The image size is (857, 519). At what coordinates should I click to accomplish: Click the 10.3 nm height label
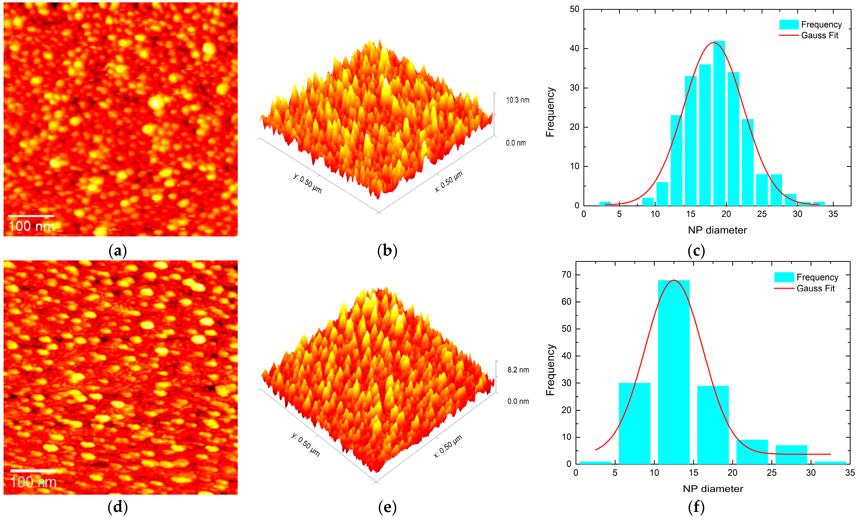click(x=517, y=100)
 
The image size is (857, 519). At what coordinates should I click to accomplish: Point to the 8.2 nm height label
click(x=518, y=370)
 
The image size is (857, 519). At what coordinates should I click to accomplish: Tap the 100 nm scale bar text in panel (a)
click(x=31, y=226)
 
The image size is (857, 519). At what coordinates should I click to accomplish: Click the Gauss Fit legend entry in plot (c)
click(x=819, y=35)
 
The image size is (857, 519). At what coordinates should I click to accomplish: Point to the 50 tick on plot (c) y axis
click(x=574, y=9)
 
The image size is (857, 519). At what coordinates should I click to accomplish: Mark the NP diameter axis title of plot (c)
click(x=717, y=230)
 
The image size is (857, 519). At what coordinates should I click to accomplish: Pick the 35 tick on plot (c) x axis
click(x=833, y=214)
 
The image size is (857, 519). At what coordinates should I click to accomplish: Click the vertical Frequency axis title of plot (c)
click(x=550, y=112)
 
